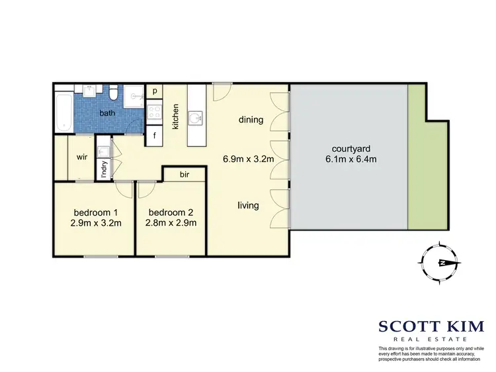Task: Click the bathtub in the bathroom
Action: [x=63, y=115]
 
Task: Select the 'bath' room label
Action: [x=107, y=114]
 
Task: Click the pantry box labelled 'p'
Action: [x=155, y=91]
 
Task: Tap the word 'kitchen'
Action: [x=177, y=116]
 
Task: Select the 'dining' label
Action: [x=252, y=120]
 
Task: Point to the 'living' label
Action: [x=249, y=205]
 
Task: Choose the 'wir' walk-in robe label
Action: [x=83, y=157]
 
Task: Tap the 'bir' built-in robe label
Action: [x=185, y=175]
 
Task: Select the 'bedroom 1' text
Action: [x=97, y=212]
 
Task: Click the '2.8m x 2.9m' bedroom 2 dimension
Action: [x=171, y=223]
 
